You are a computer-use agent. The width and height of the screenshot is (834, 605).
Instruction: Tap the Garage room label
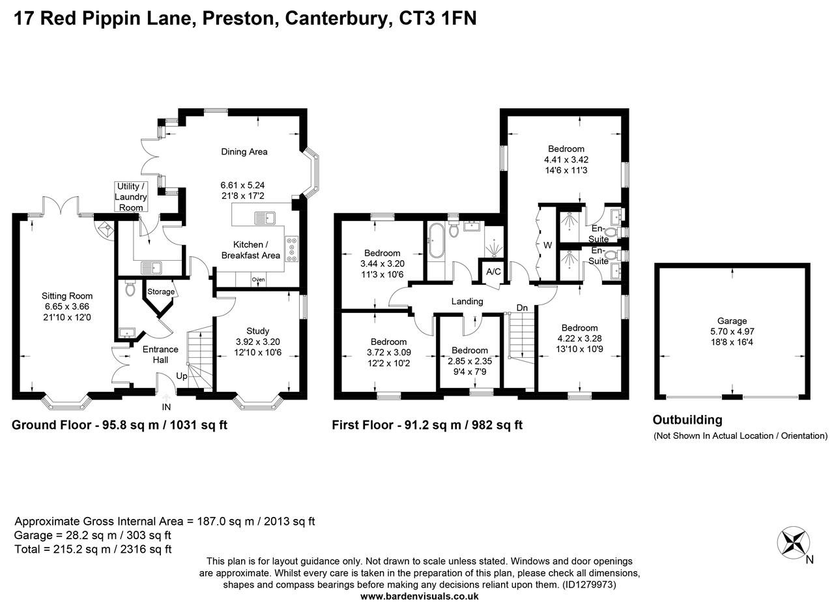point(732,321)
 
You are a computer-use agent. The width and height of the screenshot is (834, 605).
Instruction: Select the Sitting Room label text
point(67,296)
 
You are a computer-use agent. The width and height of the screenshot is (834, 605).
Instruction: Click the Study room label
point(258,331)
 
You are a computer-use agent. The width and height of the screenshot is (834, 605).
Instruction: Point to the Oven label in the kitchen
point(259,280)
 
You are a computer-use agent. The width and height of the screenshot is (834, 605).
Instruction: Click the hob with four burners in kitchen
point(291,249)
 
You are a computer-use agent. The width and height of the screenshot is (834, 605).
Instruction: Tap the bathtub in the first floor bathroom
point(435,241)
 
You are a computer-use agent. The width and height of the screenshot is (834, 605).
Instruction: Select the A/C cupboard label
point(493,271)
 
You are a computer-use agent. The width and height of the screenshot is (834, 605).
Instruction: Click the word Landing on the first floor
point(467,301)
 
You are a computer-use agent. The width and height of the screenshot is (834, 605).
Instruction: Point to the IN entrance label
point(165,407)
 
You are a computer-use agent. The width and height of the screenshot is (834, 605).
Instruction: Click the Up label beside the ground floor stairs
point(181,377)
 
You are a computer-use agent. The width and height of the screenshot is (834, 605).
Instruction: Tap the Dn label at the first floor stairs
point(522,307)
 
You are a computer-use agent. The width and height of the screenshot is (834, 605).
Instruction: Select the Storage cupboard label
point(160,291)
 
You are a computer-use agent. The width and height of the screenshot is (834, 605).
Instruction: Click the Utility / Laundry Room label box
point(131,197)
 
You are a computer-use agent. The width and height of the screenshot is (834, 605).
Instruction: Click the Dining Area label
point(244,152)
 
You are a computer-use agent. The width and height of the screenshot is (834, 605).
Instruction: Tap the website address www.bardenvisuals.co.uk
point(419,596)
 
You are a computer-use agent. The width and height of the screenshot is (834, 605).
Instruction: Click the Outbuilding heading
point(687,420)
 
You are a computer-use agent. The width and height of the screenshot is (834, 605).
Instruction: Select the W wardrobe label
point(547,245)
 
